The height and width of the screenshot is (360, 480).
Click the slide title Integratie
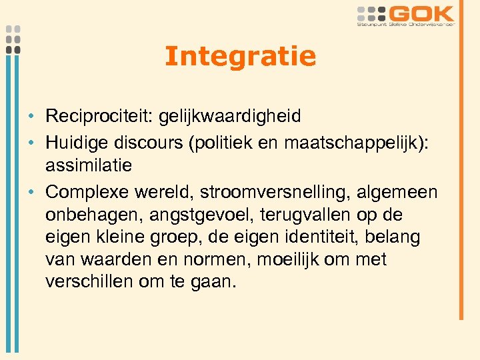click(240, 56)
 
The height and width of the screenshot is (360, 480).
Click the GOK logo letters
click(422, 13)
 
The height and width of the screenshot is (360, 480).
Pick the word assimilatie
click(89, 165)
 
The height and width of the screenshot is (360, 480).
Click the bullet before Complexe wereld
click(32, 193)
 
